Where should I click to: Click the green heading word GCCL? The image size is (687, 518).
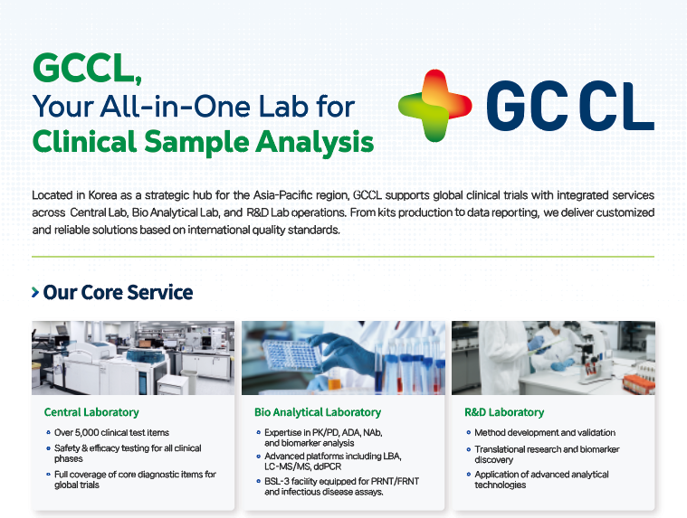click(x=87, y=69)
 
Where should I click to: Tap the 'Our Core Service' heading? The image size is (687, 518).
click(x=118, y=293)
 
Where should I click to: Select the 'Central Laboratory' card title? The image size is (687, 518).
click(x=91, y=412)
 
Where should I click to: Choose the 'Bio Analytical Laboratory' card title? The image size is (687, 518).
click(x=317, y=412)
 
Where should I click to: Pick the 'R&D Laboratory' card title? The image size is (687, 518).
click(x=504, y=412)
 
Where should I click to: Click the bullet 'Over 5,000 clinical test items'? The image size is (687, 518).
click(x=111, y=433)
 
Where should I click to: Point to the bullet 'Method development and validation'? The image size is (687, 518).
click(x=544, y=433)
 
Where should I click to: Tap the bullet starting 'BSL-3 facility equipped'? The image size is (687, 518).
click(x=325, y=486)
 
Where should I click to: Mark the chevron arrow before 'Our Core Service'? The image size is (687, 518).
click(x=35, y=293)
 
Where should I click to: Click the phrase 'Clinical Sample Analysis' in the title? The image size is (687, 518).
click(x=203, y=142)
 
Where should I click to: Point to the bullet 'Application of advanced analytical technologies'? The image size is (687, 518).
click(x=541, y=479)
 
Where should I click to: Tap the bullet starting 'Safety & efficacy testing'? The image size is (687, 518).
click(x=127, y=453)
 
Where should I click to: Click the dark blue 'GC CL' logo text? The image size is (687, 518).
click(x=569, y=106)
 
